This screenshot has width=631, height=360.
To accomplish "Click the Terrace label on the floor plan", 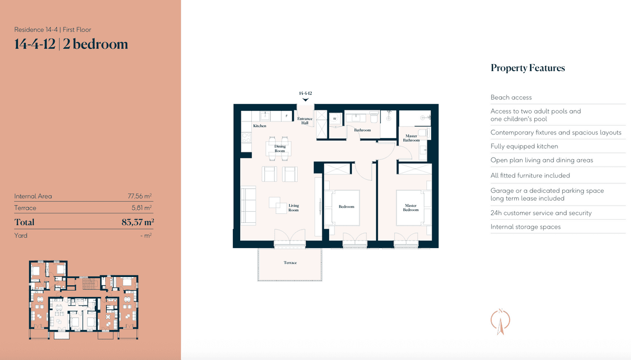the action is tap(290, 263).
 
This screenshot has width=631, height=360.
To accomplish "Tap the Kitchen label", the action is tap(259, 126).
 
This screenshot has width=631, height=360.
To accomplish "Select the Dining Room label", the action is tap(280, 149).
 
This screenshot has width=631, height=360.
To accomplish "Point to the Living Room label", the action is tap(293, 208).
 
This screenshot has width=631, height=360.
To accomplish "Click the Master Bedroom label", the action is tap(411, 208).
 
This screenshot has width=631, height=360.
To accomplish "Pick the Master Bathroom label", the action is tap(411, 138).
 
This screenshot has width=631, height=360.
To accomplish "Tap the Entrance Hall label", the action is tap(305, 121).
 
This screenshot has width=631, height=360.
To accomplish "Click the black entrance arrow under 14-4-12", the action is tap(306, 100).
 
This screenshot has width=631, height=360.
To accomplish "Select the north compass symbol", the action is tap(500, 322).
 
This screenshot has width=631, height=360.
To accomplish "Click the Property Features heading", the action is tap(527, 68).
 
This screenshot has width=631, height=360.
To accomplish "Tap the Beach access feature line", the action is tap(511, 97).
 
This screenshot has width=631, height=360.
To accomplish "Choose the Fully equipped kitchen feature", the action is tap(524, 146).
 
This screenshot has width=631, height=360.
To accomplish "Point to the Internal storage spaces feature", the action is tap(525, 227).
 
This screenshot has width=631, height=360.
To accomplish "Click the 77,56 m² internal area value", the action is tap(140, 196).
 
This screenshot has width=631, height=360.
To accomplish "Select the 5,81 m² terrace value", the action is tap(141, 208).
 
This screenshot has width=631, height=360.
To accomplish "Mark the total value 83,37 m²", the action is tap(138, 222).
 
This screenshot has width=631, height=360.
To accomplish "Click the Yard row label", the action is tap(21, 235).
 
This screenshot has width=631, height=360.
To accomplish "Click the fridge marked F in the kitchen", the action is tap(287, 116).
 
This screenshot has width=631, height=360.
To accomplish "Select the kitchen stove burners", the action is tap(247, 137).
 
